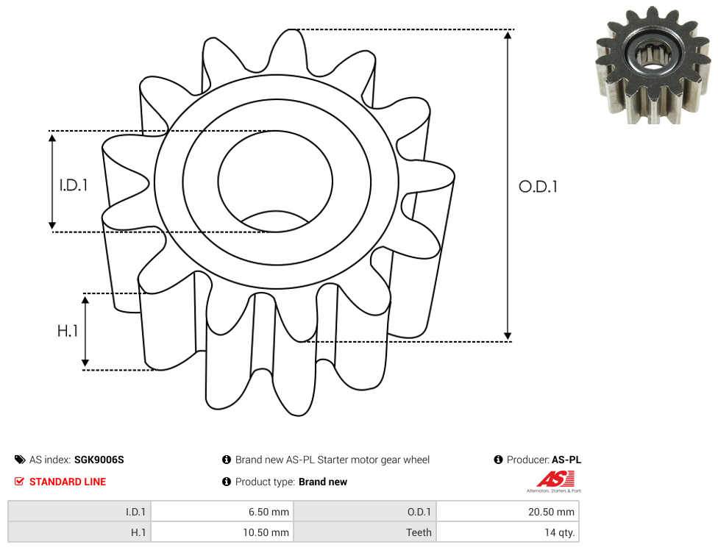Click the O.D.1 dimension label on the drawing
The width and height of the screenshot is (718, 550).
[538, 187]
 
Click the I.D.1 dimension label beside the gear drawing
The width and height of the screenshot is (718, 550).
[74, 185]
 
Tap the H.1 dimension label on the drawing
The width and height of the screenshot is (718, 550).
[68, 330]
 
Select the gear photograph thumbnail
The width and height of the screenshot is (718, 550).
[653, 65]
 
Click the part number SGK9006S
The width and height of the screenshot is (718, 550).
[99, 460]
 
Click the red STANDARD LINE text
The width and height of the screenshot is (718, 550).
[68, 482]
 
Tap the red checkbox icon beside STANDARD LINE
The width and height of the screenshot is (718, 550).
[19, 482]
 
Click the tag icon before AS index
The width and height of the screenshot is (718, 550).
[20, 460]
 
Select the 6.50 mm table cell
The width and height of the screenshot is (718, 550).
[222, 512]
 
